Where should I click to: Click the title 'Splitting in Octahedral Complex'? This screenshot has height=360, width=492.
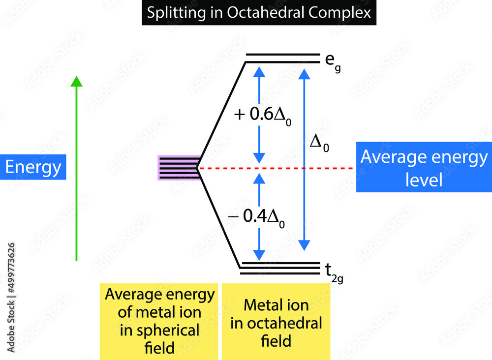259,12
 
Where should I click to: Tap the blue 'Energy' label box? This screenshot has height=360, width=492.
33,167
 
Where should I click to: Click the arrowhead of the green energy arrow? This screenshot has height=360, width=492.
76,81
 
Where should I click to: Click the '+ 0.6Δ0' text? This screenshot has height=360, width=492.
263,115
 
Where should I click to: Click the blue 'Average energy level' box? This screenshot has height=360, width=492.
424,169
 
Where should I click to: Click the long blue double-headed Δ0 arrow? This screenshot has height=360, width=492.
305,197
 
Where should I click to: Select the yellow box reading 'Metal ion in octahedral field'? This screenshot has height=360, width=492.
277,322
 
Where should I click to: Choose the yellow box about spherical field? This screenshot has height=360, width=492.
159,322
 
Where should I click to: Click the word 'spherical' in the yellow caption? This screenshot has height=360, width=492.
159,330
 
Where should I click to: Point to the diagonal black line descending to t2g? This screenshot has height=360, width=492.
219,219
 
